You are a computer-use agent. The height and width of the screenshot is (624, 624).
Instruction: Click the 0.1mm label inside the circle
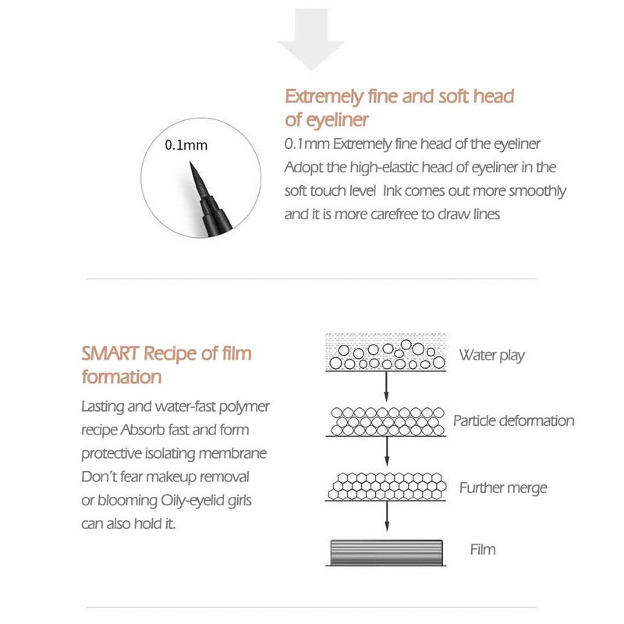(x=186, y=145)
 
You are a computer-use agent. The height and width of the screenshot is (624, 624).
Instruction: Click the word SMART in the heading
(x=111, y=353)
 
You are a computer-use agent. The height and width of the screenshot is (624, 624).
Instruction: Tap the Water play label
(x=491, y=356)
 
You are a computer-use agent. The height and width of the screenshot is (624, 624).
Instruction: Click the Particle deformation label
(x=513, y=421)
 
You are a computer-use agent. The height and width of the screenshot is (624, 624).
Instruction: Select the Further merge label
(x=502, y=488)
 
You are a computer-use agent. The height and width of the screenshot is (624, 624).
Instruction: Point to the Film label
(x=482, y=549)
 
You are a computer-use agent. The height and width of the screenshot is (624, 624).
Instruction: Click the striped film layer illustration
(x=385, y=551)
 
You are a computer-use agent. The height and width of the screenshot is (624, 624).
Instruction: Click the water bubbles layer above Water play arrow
(x=386, y=353)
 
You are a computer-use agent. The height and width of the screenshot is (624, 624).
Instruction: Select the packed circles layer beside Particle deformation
(x=386, y=420)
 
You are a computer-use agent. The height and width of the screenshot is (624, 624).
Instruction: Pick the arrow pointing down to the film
(x=386, y=518)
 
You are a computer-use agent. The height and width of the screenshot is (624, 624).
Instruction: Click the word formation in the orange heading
(x=122, y=377)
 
